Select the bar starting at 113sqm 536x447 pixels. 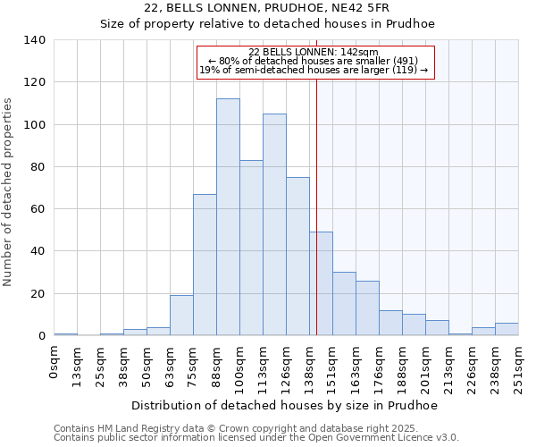[274, 224]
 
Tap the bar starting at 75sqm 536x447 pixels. [205, 265]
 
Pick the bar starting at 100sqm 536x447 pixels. [251, 248]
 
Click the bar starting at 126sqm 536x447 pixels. [297, 257]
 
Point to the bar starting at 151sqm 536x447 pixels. [344, 304]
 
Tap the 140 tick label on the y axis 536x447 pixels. [35, 40]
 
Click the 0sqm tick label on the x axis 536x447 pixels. [54, 364]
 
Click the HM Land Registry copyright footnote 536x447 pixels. [255, 428]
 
